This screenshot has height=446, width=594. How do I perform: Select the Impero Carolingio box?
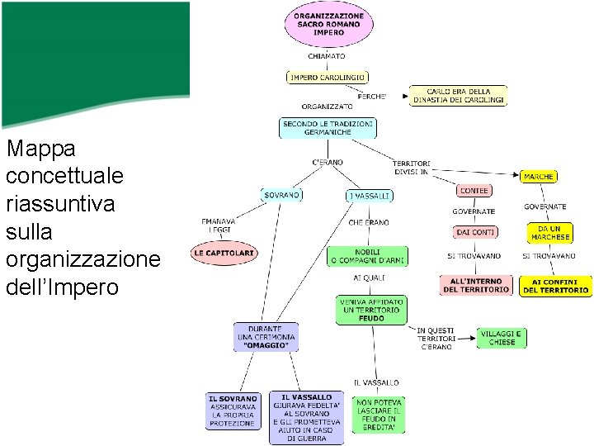[327, 78]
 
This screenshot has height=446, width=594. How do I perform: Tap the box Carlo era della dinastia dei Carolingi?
[459, 97]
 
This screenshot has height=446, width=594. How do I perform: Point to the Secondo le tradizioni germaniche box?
[328, 128]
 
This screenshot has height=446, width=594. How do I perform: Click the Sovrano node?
[282, 195]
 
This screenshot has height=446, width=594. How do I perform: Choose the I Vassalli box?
[369, 196]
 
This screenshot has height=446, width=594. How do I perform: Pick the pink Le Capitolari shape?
[224, 252]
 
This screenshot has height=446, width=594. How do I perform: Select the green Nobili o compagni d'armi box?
[368, 256]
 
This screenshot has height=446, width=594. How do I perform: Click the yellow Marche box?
[539, 177]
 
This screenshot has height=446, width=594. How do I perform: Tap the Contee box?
[474, 191]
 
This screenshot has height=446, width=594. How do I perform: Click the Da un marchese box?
[549, 232]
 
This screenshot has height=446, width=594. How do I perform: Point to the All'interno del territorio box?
[476, 286]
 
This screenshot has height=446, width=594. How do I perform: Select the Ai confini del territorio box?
[555, 286]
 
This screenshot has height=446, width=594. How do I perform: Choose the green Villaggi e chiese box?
[501, 337]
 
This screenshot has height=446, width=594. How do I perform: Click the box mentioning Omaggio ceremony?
[265, 337]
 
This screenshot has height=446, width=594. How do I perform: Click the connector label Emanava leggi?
[218, 226]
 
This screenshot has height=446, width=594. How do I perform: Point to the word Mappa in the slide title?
[40, 149]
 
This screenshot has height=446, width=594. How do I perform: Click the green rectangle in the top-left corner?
[95, 62]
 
